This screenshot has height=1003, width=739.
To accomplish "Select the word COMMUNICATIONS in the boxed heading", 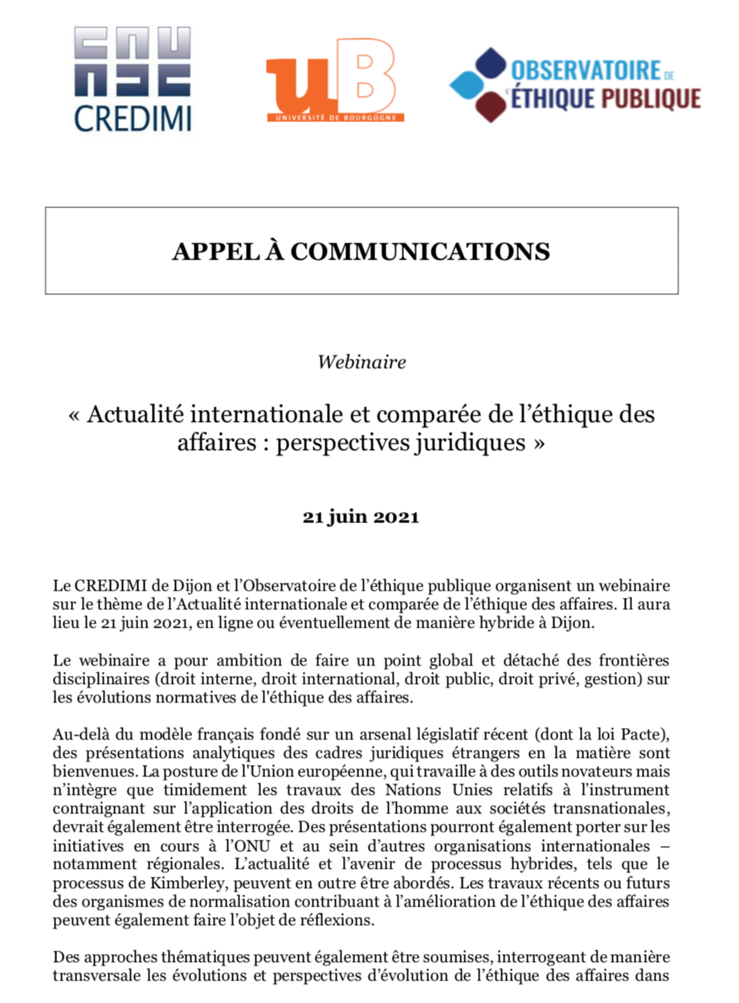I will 420,252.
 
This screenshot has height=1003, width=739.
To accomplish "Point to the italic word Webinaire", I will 361,362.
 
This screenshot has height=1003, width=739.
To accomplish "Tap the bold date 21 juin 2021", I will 361,517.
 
